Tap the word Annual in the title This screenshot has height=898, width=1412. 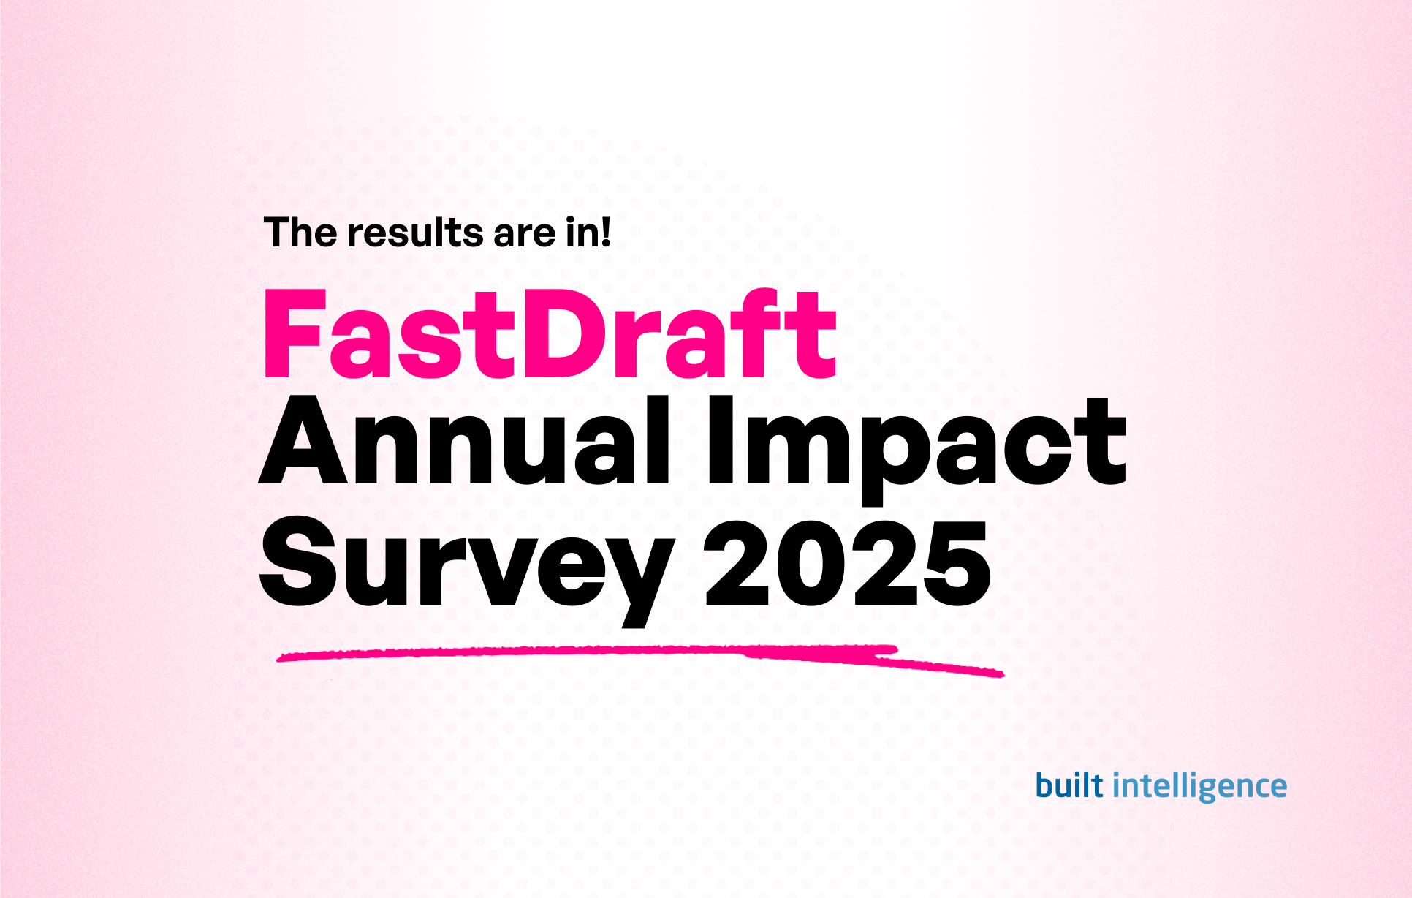(x=465, y=442)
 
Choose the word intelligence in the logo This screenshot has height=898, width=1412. (x=1199, y=787)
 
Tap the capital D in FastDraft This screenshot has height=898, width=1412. (x=566, y=335)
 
